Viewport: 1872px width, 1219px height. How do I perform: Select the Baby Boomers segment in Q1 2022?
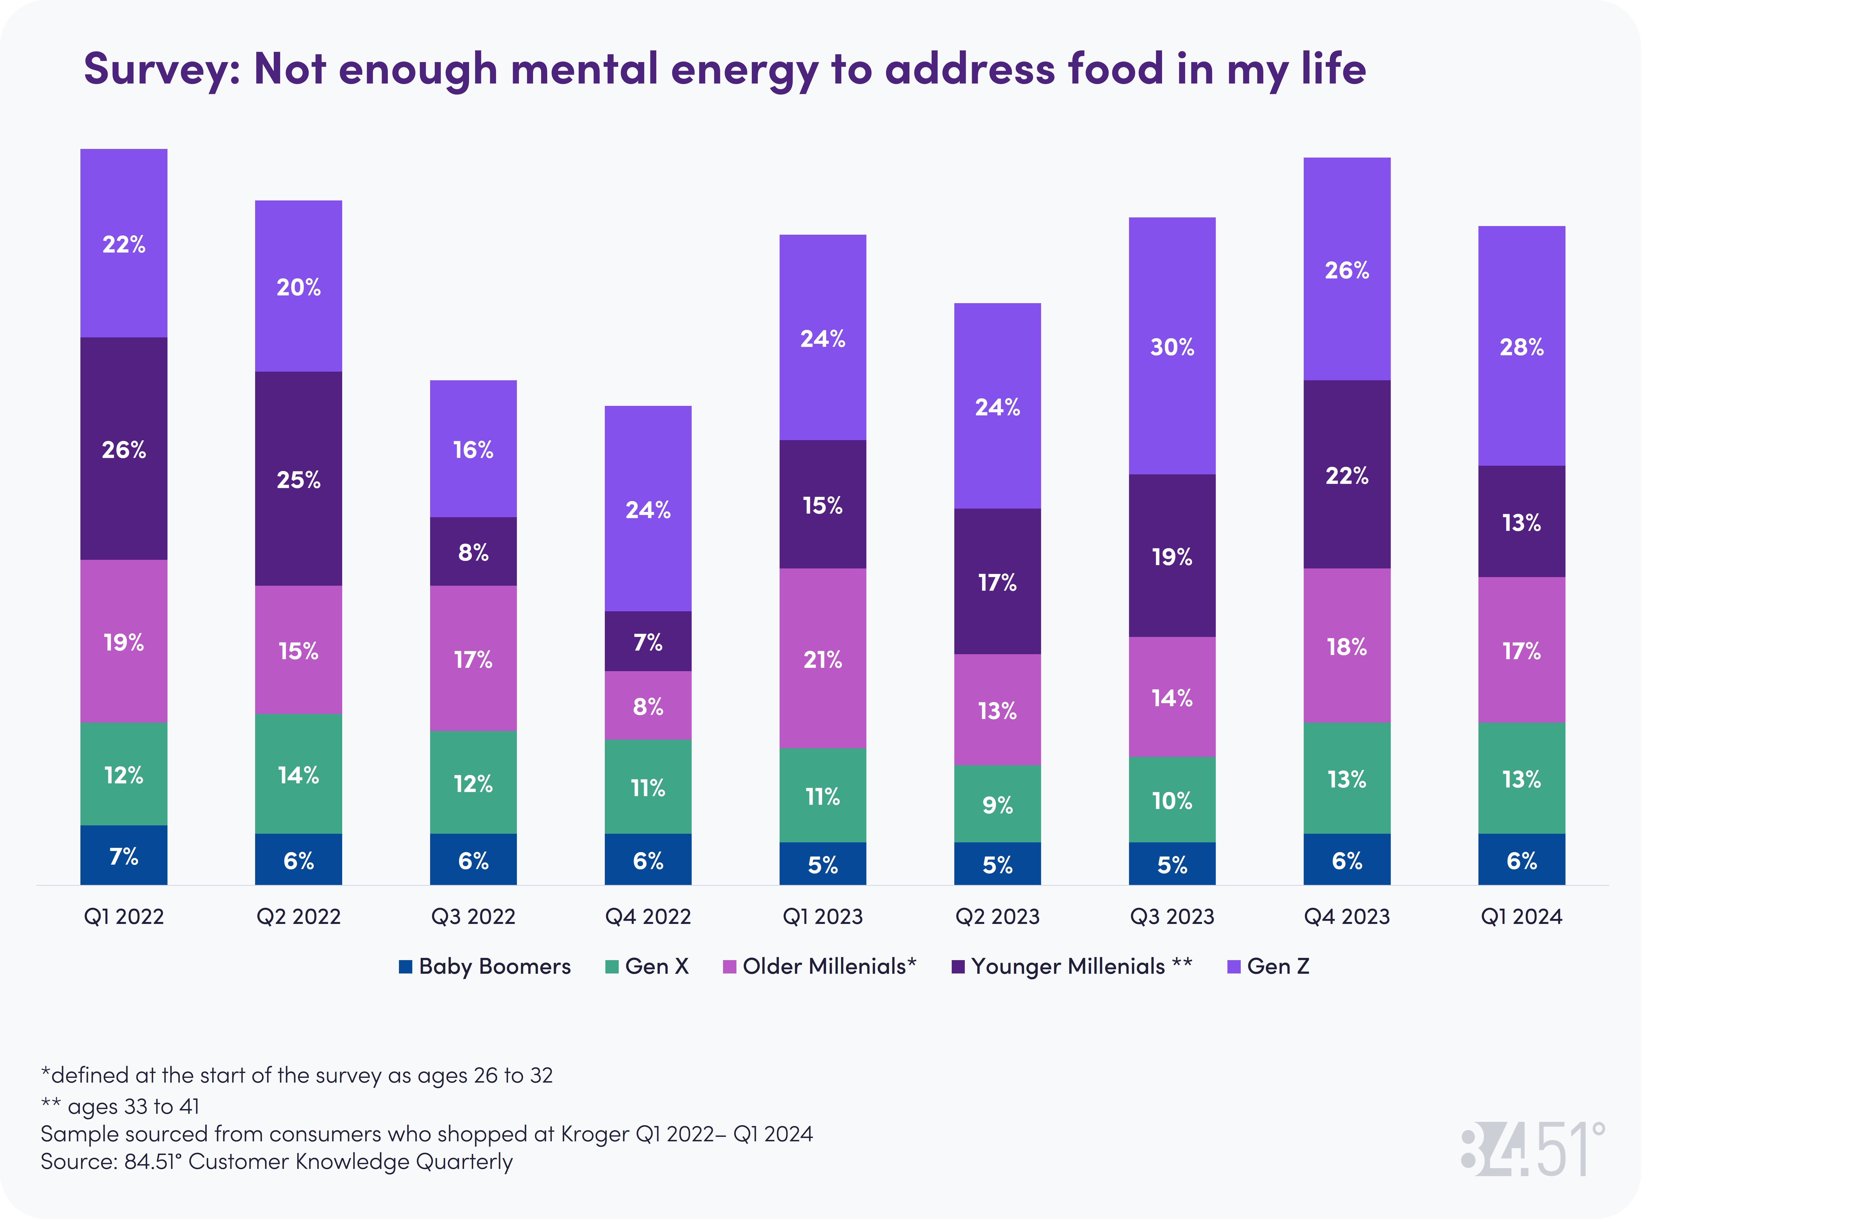(x=124, y=855)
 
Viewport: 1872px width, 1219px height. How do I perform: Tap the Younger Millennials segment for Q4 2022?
(x=647, y=641)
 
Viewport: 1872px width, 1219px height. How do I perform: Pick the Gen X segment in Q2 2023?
(x=997, y=803)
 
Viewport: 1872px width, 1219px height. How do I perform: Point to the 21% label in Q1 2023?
(x=823, y=659)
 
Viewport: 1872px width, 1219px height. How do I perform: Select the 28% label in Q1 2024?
(x=1521, y=347)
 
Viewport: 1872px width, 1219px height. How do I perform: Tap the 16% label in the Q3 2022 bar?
(x=473, y=450)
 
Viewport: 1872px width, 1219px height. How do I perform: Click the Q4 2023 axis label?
(x=1346, y=917)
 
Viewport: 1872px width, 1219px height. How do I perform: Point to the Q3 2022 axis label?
(x=473, y=917)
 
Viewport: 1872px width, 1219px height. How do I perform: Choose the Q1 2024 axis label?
(x=1521, y=917)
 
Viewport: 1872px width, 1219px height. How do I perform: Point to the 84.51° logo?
(x=1532, y=1150)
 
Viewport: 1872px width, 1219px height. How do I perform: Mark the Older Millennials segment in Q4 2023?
(x=1346, y=646)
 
